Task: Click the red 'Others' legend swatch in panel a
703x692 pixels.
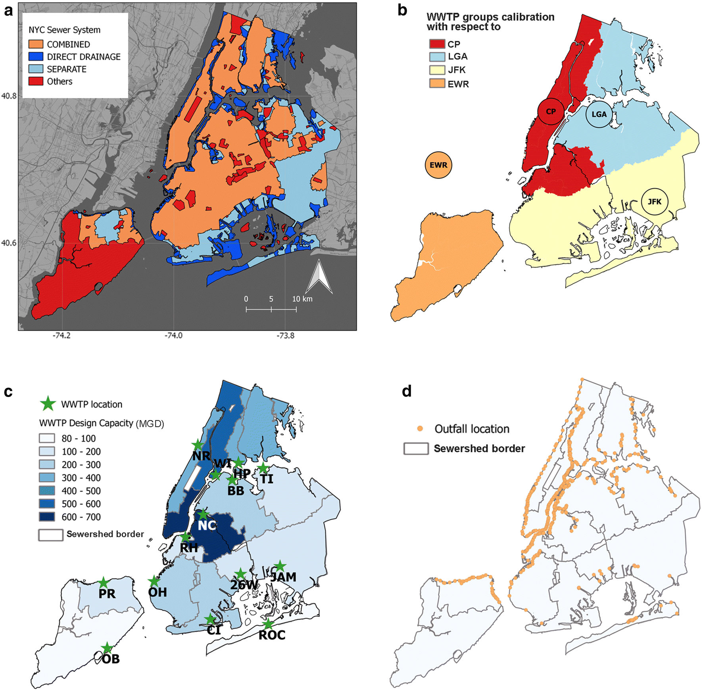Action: coord(36,81)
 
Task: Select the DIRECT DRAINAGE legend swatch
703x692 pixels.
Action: coord(36,56)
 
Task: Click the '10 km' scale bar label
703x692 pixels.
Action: coord(302,299)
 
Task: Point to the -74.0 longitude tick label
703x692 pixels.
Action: coord(173,335)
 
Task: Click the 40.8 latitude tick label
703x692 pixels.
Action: coord(9,96)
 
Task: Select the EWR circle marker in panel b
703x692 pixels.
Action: coord(438,165)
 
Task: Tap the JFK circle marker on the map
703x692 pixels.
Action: coord(654,202)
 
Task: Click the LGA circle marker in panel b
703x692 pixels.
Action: coord(599,114)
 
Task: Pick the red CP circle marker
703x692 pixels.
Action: coord(551,112)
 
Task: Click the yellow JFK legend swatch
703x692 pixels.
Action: coord(437,70)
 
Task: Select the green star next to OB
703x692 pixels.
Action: coord(107,648)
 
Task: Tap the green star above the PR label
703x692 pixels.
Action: coord(104,583)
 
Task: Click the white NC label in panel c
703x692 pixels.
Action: coord(207,526)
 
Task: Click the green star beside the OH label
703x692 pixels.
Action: coord(154,582)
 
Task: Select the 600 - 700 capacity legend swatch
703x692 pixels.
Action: coord(47,517)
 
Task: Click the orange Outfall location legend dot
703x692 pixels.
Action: coord(420,428)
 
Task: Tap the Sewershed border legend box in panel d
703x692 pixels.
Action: coord(416,449)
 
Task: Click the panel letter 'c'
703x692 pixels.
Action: coord(8,391)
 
